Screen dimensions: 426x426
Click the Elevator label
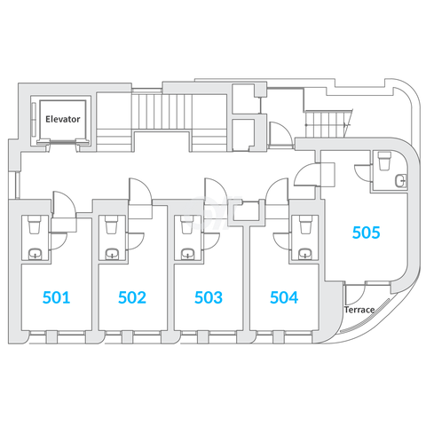click(x=63, y=119)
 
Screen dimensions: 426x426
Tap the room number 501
click(x=56, y=297)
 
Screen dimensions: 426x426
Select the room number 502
click(x=132, y=297)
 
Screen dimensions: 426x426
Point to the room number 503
click(x=209, y=297)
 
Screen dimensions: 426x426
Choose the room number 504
click(x=284, y=297)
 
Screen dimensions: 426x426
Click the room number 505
click(x=367, y=233)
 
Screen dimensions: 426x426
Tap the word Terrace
click(x=359, y=310)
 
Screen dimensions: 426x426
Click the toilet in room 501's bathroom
click(x=34, y=225)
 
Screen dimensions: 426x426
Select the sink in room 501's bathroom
click(x=35, y=254)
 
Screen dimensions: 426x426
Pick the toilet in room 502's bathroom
click(x=111, y=225)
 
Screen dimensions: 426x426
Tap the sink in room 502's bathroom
click(x=113, y=254)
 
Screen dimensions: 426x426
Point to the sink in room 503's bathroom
click(x=188, y=254)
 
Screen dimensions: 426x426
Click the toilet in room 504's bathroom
click(x=305, y=225)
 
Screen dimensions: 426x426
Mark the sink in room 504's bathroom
click(x=305, y=254)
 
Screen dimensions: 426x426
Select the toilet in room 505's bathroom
click(x=384, y=161)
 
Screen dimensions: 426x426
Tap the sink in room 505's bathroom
click(x=401, y=180)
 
